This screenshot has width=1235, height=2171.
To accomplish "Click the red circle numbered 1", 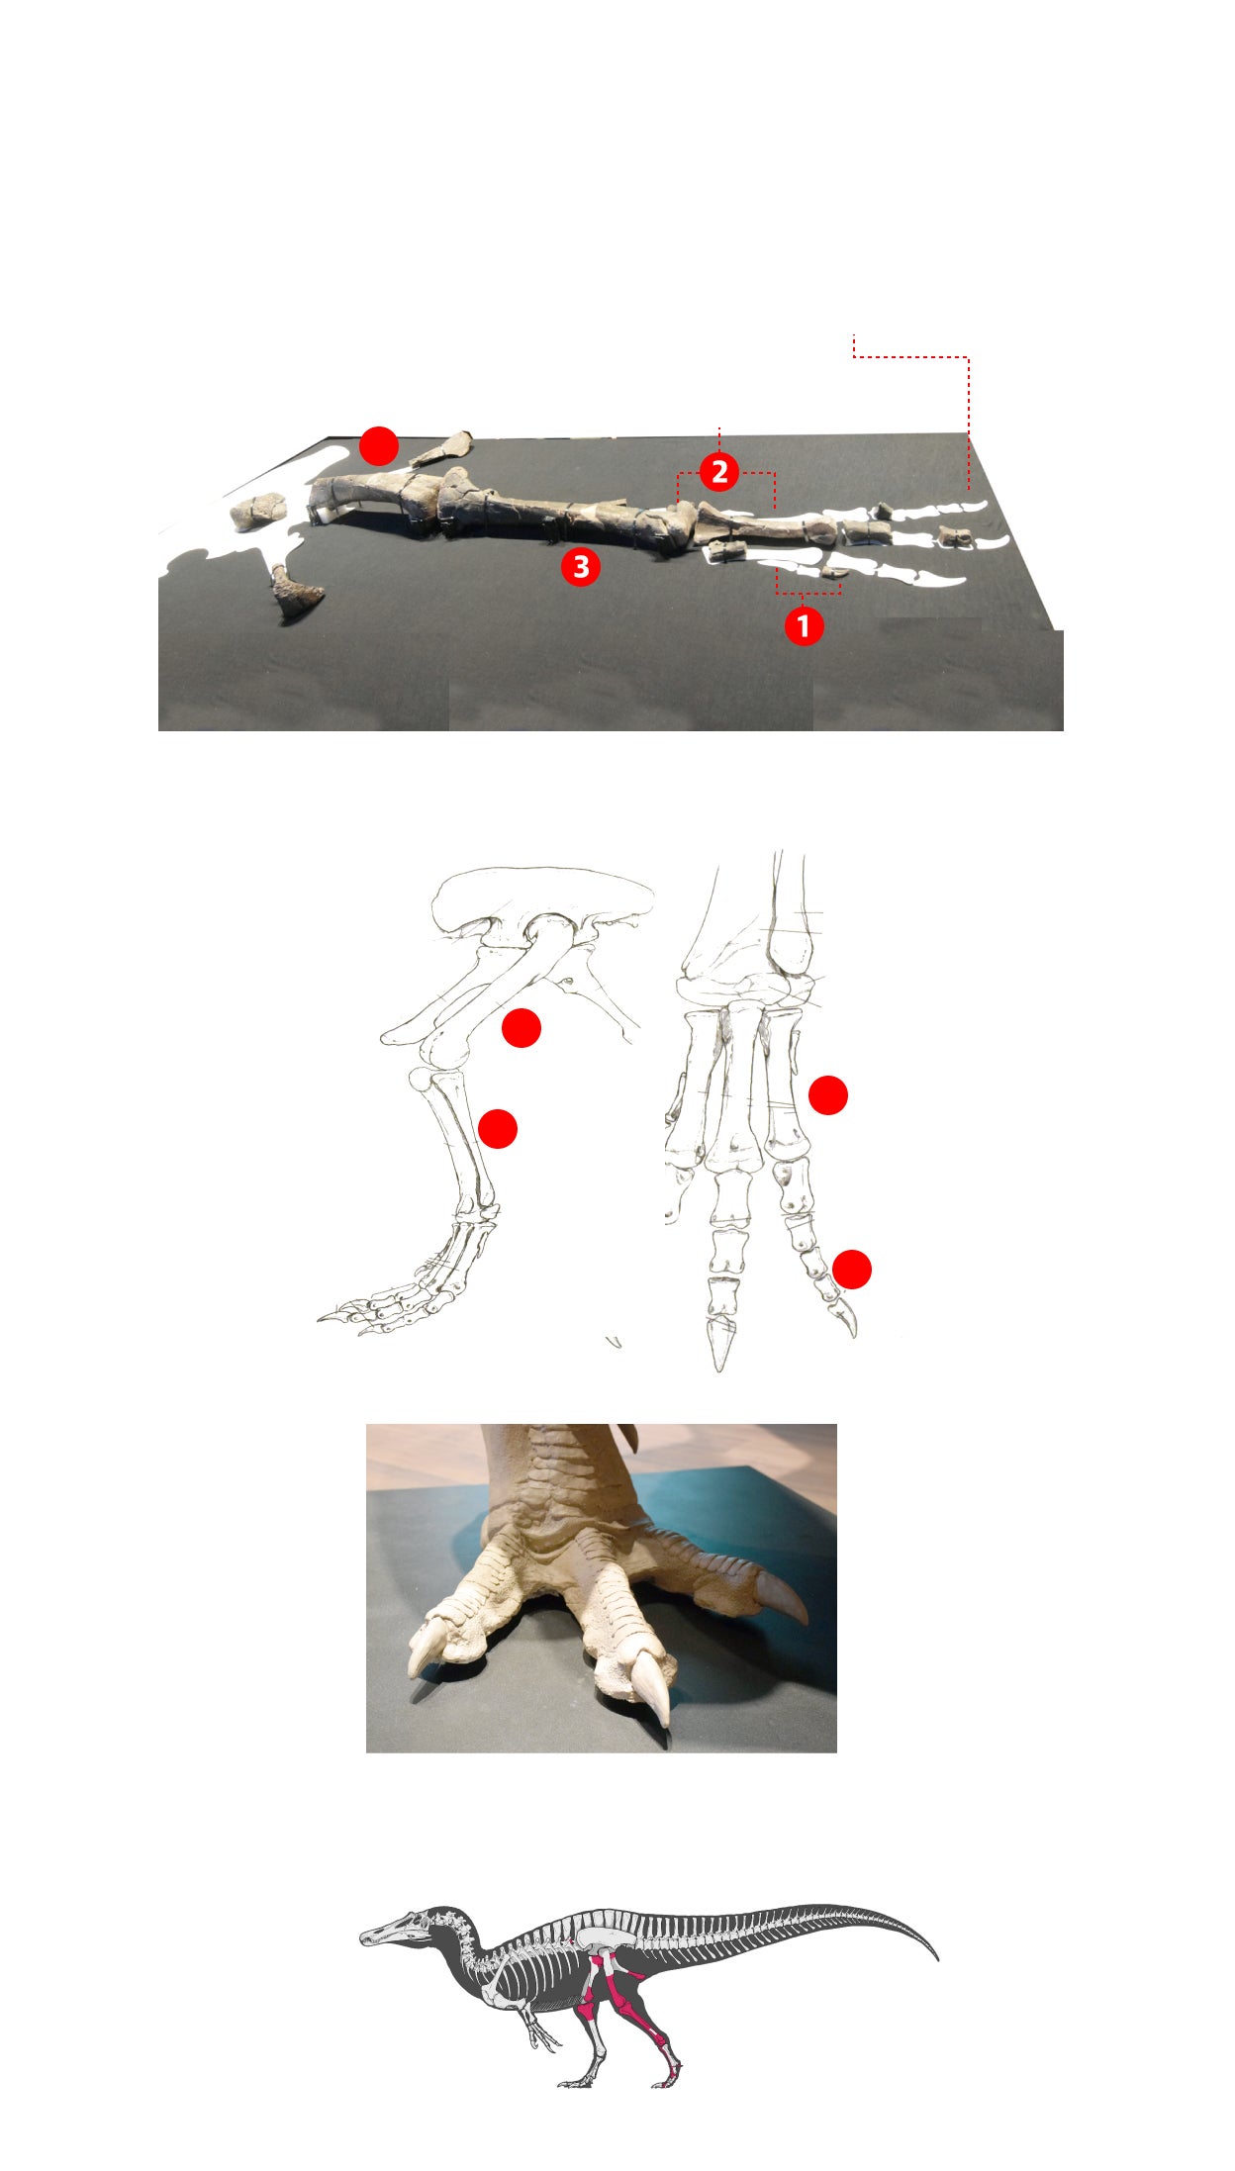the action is click(804, 625).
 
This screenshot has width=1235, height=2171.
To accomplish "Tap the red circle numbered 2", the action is click(719, 472).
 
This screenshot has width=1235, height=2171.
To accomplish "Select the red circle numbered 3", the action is click(581, 567).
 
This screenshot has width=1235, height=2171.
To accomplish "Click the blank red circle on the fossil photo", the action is click(378, 446).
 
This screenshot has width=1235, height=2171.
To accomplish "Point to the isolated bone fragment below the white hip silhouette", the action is click(297, 594).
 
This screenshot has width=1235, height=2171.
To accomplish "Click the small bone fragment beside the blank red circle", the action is click(442, 448).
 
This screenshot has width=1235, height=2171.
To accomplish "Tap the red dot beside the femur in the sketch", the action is click(522, 1028).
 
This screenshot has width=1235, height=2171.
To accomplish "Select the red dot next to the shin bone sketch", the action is click(498, 1129).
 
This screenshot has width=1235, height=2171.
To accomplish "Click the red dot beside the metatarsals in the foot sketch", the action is click(828, 1095).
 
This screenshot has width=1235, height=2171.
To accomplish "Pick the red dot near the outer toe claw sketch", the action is click(852, 1270).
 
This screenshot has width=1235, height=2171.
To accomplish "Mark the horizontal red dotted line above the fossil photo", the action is click(910, 356).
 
